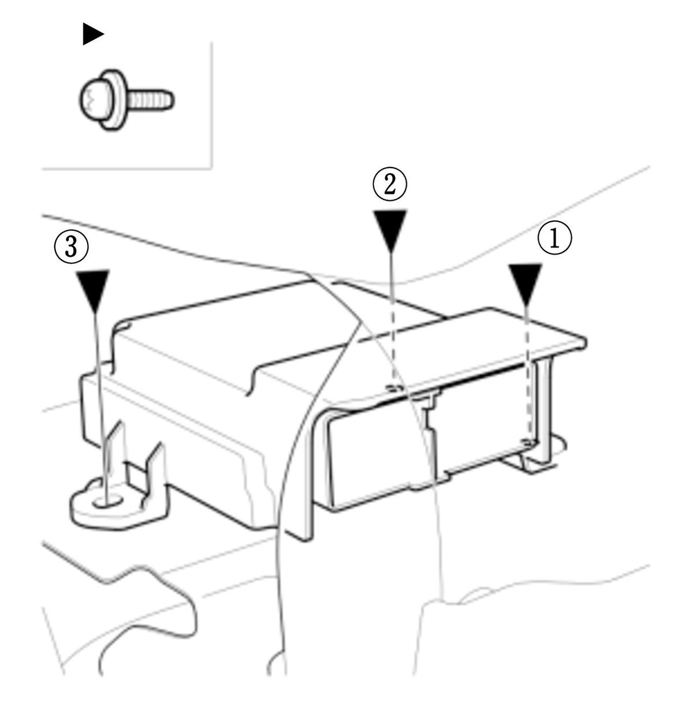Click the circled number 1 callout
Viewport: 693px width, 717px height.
[554, 238]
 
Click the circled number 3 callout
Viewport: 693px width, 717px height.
[71, 247]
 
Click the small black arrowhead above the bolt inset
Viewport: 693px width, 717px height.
[93, 34]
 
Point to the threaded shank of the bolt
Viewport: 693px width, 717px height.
[151, 99]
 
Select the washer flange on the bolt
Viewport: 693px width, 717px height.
[114, 99]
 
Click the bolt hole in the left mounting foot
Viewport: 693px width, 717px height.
[109, 501]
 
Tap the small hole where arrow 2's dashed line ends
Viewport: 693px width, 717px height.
[394, 387]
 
